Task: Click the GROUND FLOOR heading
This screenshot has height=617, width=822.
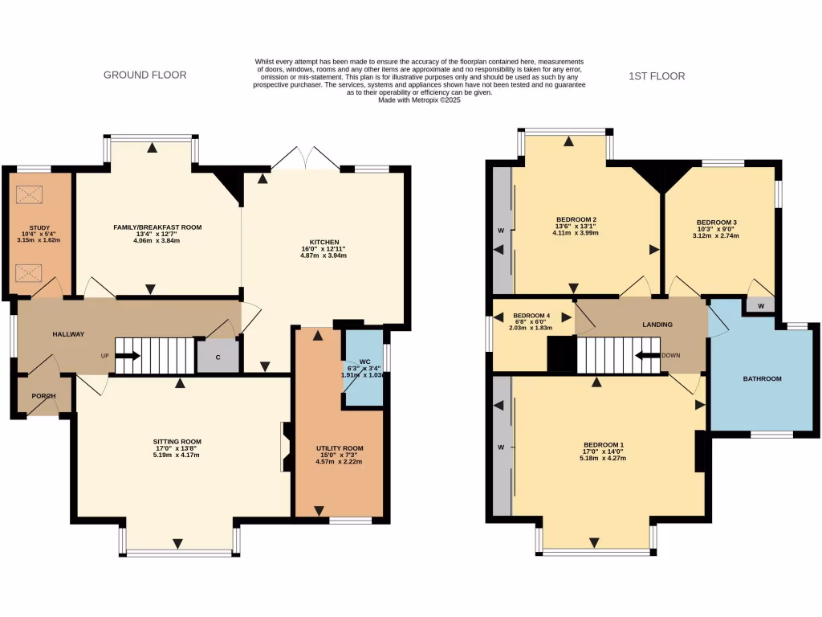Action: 144,75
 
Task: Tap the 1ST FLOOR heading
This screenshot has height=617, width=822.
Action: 657,76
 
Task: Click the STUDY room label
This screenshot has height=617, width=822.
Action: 39,227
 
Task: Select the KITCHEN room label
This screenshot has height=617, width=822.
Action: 324,243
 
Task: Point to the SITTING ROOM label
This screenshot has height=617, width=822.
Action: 177,442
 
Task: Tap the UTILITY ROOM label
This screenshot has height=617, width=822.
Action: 340,448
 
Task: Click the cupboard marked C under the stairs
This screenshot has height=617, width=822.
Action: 218,357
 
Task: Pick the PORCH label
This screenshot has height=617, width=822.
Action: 43,396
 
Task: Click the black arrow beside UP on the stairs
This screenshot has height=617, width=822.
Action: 128,356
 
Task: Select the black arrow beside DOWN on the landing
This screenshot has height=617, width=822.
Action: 648,356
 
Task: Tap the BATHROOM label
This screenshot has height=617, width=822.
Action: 763,379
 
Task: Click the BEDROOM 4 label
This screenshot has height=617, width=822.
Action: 531,316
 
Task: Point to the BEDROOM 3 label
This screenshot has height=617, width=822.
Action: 717,223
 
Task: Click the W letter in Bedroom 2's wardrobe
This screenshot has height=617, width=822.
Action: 501,231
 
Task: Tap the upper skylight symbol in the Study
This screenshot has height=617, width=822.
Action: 29,194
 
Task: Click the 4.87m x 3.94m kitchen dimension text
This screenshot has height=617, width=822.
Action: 324,255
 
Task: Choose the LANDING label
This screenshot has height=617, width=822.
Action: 657,325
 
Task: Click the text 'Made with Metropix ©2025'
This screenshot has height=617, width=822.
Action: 419,100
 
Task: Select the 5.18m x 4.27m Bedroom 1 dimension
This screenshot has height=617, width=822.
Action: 603,458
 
